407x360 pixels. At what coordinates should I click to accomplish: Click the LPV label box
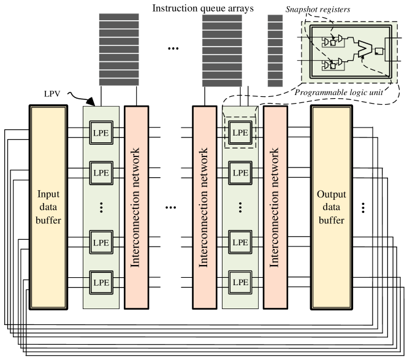coord(52,94)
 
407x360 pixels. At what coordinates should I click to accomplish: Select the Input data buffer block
coord(48,207)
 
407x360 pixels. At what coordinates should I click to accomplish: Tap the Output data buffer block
coord(331,207)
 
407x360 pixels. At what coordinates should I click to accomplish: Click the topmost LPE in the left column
coord(101,132)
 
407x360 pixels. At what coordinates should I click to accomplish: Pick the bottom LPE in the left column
coord(101,283)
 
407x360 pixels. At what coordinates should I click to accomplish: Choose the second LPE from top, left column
coord(101,172)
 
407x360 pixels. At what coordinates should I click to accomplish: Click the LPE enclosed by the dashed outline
coord(240,132)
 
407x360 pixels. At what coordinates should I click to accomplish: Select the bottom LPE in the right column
coord(240,283)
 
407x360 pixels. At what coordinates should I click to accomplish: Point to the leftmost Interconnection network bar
coord(136,207)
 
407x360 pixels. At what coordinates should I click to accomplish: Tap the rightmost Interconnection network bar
coord(275,207)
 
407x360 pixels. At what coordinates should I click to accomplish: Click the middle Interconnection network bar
coord(205,207)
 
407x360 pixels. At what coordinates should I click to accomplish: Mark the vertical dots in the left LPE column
coord(101,207)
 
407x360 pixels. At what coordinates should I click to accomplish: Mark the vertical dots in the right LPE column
coord(240,207)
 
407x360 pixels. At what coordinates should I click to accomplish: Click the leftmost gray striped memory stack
coord(119,50)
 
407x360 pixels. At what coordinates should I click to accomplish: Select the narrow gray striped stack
coord(275,50)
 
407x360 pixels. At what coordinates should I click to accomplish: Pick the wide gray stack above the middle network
coord(222,50)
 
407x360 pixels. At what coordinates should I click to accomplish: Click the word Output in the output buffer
coord(331,195)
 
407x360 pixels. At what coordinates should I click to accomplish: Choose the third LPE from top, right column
coord(240,242)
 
